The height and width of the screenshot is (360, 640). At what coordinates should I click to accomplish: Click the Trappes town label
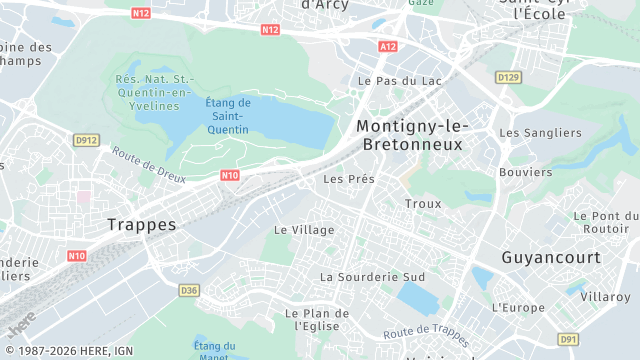[141, 225]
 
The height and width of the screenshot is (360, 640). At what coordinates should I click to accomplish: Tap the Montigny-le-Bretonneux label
[411, 135]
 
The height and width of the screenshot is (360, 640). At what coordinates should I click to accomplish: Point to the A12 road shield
[388, 46]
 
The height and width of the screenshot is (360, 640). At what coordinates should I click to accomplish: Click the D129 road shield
[508, 76]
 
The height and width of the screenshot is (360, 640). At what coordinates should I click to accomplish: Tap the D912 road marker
[86, 141]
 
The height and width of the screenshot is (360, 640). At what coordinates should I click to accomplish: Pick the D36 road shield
[189, 290]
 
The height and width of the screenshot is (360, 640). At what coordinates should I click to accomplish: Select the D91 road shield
[568, 340]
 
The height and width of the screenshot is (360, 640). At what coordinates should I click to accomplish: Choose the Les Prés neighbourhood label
[349, 180]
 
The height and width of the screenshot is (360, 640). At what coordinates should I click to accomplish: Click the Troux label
[423, 204]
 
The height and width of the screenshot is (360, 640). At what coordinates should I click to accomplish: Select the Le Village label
[304, 230]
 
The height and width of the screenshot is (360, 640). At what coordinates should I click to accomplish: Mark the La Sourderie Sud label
[372, 276]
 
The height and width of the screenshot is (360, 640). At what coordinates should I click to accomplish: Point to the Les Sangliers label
[540, 133]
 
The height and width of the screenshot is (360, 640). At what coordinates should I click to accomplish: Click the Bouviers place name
[524, 172]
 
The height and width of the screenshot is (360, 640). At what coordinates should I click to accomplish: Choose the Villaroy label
[606, 297]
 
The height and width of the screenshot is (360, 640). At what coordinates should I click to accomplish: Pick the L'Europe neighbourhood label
[519, 307]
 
